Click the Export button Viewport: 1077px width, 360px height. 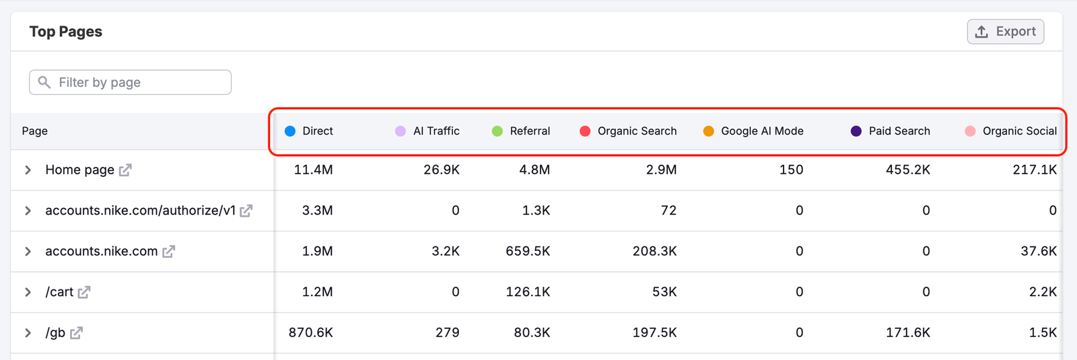pos(1005,32)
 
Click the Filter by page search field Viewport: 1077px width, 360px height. pos(131,82)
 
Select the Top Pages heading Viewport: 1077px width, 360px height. pos(66,32)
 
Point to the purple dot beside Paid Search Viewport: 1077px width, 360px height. pos(856,131)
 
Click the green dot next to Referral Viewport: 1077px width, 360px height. pos(497,131)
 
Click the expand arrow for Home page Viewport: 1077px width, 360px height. pos(28,170)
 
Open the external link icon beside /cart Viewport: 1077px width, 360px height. pos(84,292)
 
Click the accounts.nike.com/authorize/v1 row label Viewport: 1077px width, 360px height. pos(140,211)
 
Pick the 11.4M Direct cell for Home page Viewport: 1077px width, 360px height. pos(313,170)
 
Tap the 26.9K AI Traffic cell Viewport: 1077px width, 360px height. pos(442,170)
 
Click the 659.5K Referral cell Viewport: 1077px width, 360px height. pos(528,252)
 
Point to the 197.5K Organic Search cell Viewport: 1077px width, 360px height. pos(654,333)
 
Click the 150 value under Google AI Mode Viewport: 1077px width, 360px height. pos(791,170)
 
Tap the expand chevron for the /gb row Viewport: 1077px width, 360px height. pos(28,333)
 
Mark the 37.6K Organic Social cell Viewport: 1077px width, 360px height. pos(1039,252)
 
